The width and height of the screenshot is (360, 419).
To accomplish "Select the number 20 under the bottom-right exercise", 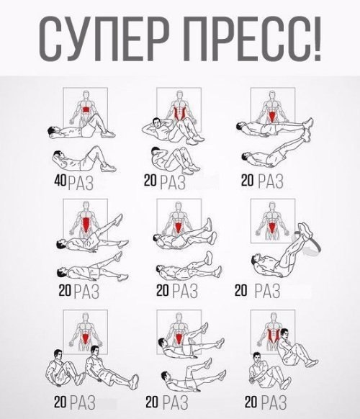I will tap(252, 400).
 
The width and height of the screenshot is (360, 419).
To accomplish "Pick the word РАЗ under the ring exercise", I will tap(269, 292).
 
